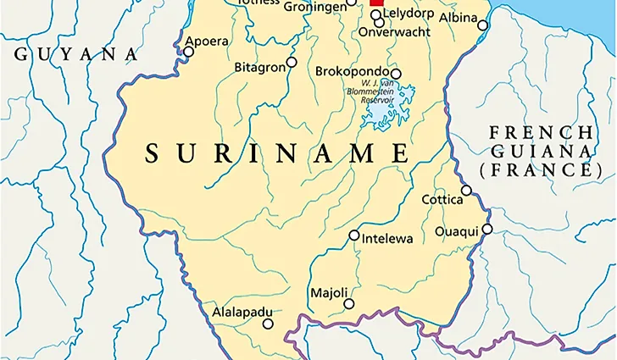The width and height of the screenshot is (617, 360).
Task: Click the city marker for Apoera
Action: (189, 52)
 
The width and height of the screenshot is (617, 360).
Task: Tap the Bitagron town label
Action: (258, 65)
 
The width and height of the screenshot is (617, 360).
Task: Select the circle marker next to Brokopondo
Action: (396, 74)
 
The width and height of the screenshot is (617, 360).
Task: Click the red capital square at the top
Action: (377, 3)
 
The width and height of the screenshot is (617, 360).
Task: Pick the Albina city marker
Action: (483, 25)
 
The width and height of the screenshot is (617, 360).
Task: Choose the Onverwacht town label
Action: (395, 31)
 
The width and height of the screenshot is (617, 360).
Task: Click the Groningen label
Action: (315, 5)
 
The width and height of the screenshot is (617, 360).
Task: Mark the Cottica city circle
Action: (466, 190)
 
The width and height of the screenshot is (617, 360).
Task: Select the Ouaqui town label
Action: (457, 230)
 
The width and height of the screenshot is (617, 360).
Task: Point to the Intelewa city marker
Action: (354, 235)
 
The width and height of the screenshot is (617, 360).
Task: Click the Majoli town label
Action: (329, 293)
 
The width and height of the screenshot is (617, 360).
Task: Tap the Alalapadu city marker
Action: (268, 324)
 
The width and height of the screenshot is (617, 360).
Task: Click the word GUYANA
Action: (75, 54)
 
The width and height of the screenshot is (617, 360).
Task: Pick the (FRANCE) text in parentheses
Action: (540, 170)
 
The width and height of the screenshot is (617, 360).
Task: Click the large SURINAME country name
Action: (277, 153)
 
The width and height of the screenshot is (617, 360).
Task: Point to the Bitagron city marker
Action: (292, 62)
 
